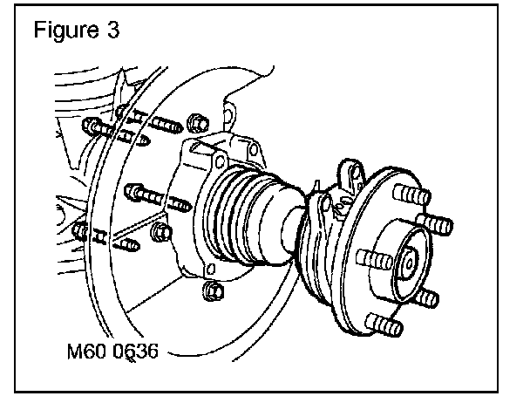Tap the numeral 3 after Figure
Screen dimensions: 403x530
[110, 30]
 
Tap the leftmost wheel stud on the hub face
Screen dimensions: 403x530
[367, 259]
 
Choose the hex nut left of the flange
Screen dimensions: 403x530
[159, 230]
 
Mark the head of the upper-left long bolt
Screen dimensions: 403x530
[92, 128]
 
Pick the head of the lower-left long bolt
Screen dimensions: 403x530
[80, 230]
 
